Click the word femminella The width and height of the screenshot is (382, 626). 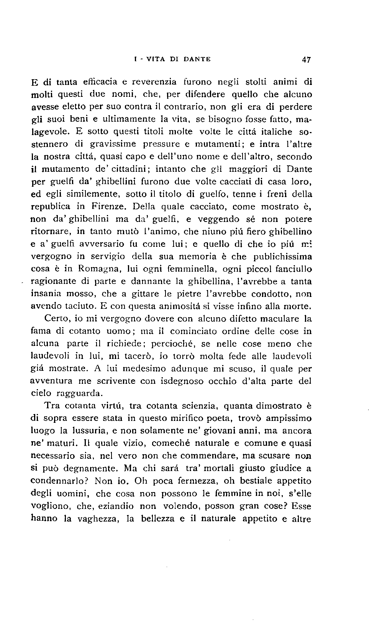[x=166, y=269]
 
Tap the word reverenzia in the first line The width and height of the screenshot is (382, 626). [x=154, y=82]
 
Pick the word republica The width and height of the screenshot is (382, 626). [x=50, y=207]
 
